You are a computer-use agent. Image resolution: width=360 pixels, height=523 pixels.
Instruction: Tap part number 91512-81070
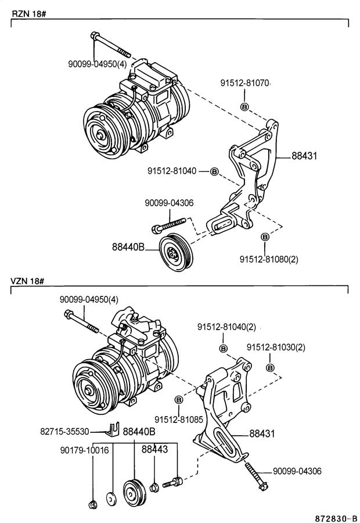tap(244, 83)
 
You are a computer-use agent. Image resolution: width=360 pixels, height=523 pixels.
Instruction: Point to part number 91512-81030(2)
tap(275, 347)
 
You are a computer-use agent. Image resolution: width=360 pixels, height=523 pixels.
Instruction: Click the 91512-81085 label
tap(178, 419)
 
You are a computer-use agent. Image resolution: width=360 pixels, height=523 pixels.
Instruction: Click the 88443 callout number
tap(154, 450)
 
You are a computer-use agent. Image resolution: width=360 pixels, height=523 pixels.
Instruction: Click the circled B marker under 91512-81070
tap(244, 107)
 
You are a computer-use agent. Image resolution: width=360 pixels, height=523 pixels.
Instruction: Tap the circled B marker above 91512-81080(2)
tap(265, 237)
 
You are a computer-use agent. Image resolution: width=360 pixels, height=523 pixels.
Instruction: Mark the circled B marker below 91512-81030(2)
tap(271, 367)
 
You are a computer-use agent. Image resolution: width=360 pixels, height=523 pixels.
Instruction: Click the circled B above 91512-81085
tap(178, 400)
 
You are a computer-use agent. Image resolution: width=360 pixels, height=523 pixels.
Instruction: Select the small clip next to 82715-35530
tap(114, 430)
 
